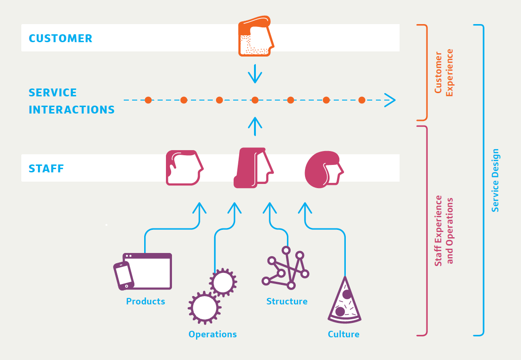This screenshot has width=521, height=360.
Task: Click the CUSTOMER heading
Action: [x=60, y=38]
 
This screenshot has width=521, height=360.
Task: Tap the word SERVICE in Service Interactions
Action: [x=53, y=93]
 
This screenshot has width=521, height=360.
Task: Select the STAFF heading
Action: [x=46, y=169]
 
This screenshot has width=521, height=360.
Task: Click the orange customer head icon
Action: [x=255, y=37]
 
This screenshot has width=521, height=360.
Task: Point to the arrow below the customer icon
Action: [x=255, y=73]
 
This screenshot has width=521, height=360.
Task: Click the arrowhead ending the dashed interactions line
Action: [x=390, y=100]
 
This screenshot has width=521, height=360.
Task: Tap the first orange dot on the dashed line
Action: [x=148, y=100]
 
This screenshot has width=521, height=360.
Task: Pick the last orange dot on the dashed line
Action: [x=362, y=100]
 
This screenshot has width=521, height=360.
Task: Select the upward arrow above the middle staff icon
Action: [x=255, y=126]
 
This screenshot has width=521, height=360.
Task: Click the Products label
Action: [x=146, y=302]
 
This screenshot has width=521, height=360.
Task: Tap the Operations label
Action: [x=212, y=335]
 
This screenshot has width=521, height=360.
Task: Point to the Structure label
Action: [x=287, y=302]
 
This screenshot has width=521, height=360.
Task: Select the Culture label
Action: [x=343, y=335]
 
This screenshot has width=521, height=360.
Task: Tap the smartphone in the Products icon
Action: [x=124, y=276]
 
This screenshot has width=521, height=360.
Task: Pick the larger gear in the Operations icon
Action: [x=204, y=307]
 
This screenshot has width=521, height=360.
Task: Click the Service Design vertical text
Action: [x=496, y=180]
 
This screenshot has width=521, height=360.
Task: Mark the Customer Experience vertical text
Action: [x=443, y=73]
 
